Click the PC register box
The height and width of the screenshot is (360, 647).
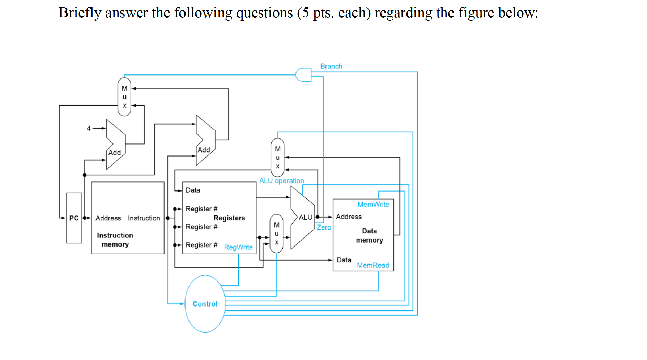point(74,218)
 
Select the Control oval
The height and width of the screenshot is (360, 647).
point(205,304)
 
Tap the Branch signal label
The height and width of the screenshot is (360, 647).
point(331,66)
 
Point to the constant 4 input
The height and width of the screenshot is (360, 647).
point(89,128)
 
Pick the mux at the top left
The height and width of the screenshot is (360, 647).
point(124,97)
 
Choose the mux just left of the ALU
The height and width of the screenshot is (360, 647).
point(277,233)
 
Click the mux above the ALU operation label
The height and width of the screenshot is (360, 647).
point(277,158)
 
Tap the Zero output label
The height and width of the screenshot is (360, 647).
point(324,227)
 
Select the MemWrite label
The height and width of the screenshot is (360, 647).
point(373,204)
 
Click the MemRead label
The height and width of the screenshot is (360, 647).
point(373,265)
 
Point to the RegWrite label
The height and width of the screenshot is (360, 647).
point(238,247)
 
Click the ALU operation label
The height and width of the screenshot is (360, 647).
point(281,180)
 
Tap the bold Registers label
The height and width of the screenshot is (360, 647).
point(229,218)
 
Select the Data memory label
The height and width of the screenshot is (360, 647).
point(369,235)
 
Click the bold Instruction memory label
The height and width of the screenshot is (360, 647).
point(115,240)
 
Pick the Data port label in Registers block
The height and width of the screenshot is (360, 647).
point(193,190)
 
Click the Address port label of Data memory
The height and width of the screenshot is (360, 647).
point(349,217)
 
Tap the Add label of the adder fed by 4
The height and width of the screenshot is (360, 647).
point(115,153)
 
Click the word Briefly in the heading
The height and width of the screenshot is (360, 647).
point(80,13)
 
